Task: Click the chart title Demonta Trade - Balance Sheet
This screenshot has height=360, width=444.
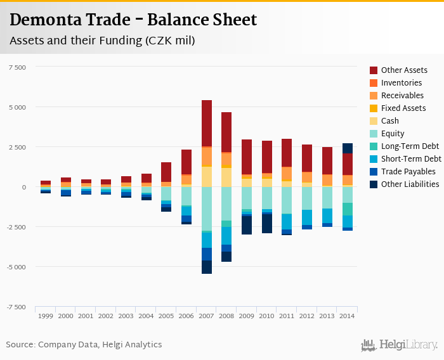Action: [133, 20]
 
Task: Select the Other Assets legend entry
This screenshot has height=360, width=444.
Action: [404, 70]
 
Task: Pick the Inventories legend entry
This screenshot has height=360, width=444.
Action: [402, 83]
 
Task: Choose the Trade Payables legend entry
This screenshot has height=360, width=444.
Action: [408, 172]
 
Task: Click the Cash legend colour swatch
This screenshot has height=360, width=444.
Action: [374, 121]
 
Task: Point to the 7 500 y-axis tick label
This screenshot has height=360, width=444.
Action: [17, 67]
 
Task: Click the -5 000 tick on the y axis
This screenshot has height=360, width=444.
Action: [16, 267]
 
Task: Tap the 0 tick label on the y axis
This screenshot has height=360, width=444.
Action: [24, 187]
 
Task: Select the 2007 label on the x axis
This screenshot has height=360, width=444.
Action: [206, 316]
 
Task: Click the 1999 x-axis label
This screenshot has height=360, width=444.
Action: [46, 316]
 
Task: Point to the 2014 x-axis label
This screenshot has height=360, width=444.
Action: [348, 316]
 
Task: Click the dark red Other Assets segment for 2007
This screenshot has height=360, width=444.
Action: [207, 123]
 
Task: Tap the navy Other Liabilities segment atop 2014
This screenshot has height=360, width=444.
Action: [348, 148]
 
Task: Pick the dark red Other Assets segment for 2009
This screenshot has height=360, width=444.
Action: [247, 157]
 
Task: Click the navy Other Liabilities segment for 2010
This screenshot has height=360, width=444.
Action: [267, 224]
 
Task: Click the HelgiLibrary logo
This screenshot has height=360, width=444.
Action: [400, 345]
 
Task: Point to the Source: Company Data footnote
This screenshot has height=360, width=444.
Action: [84, 345]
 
